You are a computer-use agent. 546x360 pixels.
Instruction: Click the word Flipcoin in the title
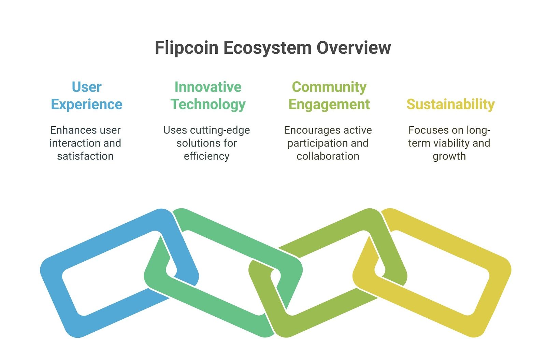[x=187, y=48]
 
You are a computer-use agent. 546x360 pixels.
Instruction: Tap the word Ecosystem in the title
[x=268, y=48]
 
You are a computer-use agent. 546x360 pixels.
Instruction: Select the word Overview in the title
[x=354, y=47]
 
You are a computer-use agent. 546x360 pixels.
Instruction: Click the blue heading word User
[x=87, y=87]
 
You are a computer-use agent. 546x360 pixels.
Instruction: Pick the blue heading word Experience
[x=87, y=105]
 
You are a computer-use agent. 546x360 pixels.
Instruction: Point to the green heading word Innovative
[x=208, y=87]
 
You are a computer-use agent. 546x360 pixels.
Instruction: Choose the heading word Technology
[x=208, y=105]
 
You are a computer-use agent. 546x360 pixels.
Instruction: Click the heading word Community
[x=329, y=87]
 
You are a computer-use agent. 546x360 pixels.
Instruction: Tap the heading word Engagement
[x=329, y=105]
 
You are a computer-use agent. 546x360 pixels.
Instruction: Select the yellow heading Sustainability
[x=450, y=105]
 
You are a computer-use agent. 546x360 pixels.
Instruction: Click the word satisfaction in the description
[x=85, y=156]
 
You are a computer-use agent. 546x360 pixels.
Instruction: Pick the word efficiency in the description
[x=207, y=156]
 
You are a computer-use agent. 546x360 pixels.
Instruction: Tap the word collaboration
[x=328, y=156]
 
